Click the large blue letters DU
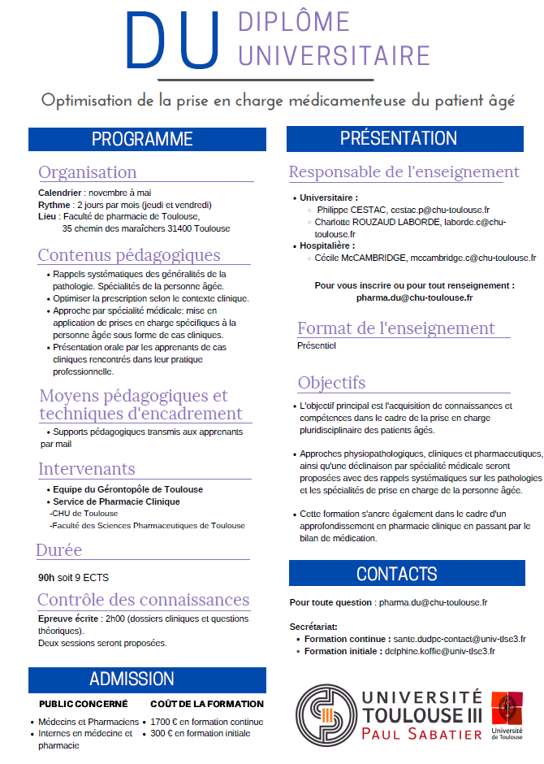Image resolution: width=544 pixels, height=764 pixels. (x=173, y=41)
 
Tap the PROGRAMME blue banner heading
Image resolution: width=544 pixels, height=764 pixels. (x=142, y=139)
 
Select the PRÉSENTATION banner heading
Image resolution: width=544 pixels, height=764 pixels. (x=399, y=139)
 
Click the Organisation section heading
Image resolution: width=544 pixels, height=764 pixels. (x=88, y=172)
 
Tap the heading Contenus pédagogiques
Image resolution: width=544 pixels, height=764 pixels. (x=129, y=255)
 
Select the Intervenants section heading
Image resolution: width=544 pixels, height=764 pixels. (x=87, y=469)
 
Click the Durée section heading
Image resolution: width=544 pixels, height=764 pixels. (x=59, y=550)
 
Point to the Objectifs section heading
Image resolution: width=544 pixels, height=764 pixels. (x=331, y=383)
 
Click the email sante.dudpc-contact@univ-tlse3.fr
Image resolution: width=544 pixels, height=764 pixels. (x=460, y=640)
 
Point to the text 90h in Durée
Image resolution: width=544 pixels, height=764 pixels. (x=46, y=578)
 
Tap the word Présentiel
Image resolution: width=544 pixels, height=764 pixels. (x=317, y=345)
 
